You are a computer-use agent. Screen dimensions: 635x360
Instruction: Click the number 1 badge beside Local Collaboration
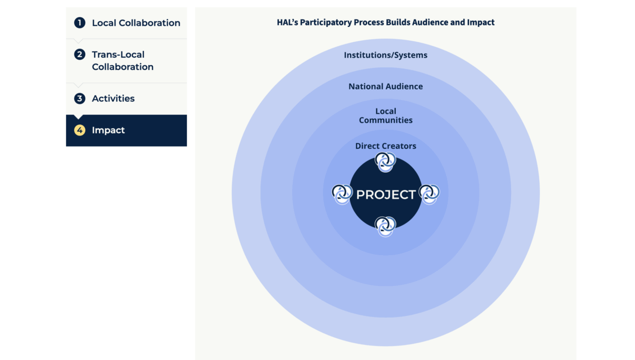coord(80,23)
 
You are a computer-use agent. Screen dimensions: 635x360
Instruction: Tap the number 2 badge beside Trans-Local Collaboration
coord(80,54)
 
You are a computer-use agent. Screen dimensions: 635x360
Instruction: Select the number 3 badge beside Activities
coord(80,98)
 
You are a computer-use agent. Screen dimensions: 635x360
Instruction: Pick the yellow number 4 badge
coord(80,130)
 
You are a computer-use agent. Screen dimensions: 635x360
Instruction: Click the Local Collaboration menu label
coord(136,23)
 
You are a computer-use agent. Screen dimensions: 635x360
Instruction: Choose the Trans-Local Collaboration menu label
coord(123,60)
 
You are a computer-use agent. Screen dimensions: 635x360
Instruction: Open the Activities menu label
coord(113,98)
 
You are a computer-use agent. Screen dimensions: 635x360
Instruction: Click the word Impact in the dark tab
coord(108,130)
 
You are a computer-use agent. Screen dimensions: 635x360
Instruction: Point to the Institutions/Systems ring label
coord(386,55)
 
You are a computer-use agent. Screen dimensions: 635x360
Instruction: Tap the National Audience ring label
coord(386,86)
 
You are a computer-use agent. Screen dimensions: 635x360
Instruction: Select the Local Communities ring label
coord(386,115)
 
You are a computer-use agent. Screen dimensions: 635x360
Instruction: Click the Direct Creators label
coord(386,146)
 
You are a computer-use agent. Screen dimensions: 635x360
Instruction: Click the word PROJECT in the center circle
coord(386,195)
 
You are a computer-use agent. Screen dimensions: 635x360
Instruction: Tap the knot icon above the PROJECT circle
coord(385,162)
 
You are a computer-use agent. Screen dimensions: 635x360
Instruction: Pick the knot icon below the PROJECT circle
coord(385,227)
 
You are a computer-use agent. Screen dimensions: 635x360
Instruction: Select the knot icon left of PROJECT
coord(342,194)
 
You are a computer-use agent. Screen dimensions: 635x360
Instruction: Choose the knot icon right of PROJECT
coord(429,194)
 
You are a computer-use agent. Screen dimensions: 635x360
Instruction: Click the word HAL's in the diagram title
coord(287,22)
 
